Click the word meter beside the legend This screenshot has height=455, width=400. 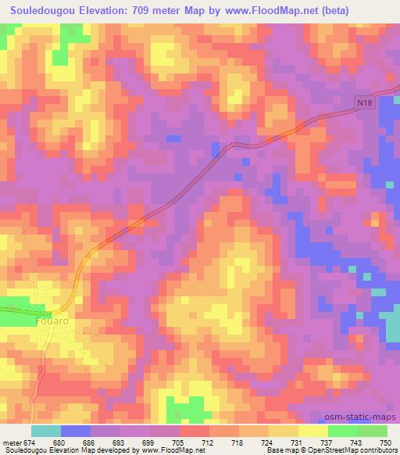pos(11,443)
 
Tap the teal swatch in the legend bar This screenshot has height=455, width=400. pos(46,432)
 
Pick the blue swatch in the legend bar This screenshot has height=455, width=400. pos(76,432)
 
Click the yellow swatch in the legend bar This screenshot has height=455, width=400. pos(312,432)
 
